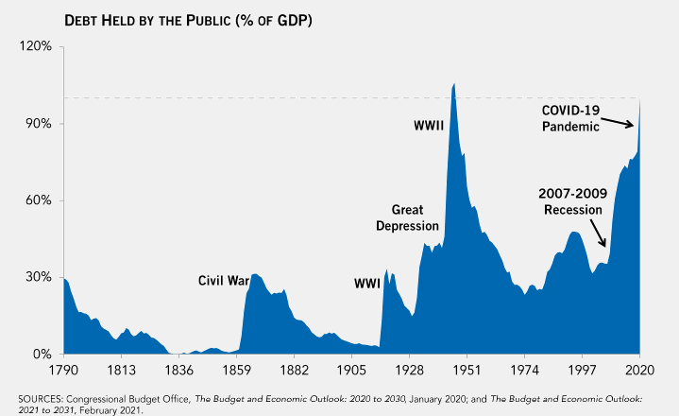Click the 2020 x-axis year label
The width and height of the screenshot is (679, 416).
639,371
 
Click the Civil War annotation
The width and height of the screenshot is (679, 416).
224,280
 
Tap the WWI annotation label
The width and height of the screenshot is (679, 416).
366,283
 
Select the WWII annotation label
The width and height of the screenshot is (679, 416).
430,125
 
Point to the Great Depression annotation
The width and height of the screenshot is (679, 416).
407,217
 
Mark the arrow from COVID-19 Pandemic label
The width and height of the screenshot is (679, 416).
620,122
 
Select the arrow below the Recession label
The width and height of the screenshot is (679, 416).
599,233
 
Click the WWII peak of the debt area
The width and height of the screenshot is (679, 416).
454,85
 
